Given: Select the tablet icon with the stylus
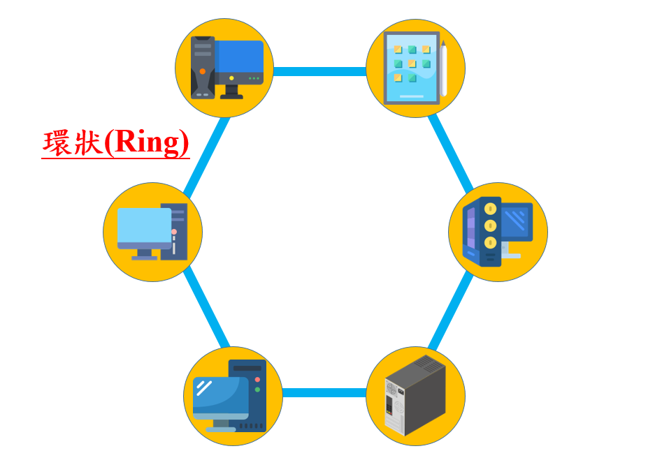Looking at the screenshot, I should pos(412,68).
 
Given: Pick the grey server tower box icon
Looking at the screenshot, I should pos(415,395).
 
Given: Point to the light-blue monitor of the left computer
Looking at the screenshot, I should pos(144,227).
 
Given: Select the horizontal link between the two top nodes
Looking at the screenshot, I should pos(319,71).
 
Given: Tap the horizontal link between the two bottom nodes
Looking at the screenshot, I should pos(324,392).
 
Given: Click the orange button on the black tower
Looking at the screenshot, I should pos(203,71).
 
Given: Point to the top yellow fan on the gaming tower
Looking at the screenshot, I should pos(491,208).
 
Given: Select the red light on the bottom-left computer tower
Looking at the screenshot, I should pos(257,379).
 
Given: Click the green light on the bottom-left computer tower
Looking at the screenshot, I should pos(257,390).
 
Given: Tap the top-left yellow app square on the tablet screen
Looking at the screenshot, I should pos(397,50).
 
